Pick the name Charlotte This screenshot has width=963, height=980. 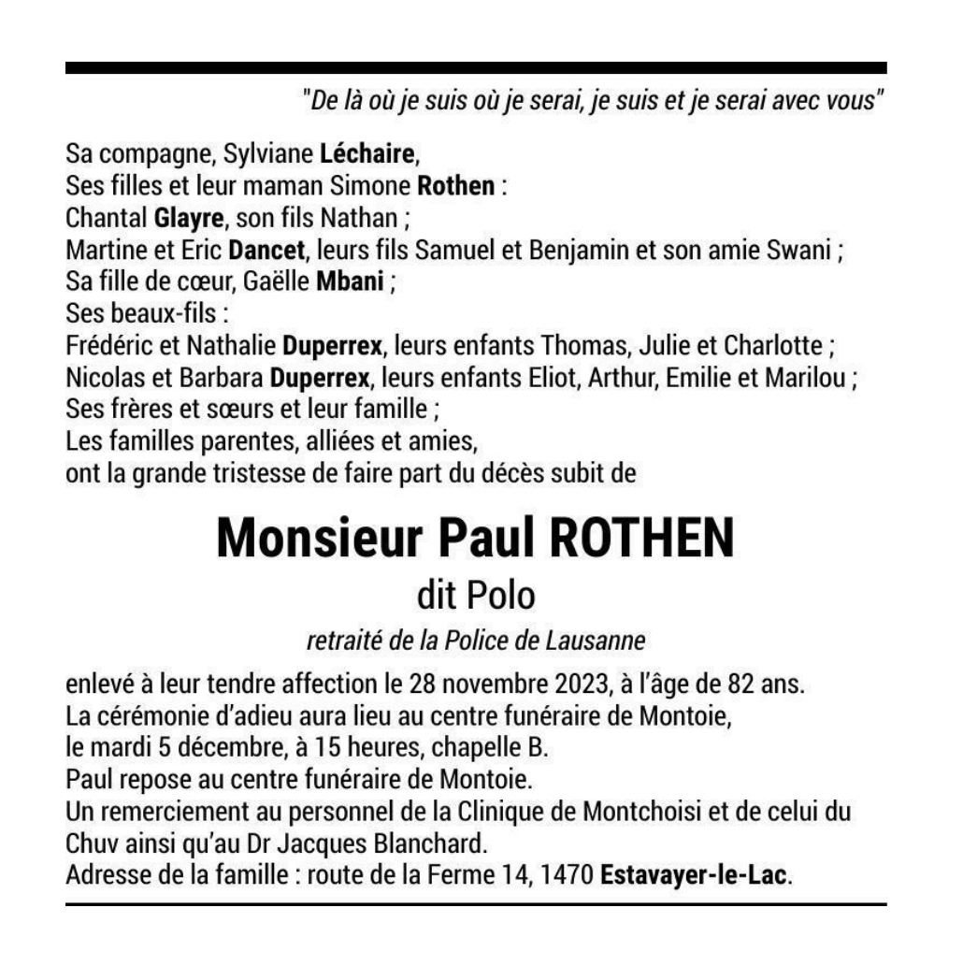772,347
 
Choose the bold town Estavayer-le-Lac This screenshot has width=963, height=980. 695,879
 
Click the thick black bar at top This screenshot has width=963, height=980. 475,68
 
